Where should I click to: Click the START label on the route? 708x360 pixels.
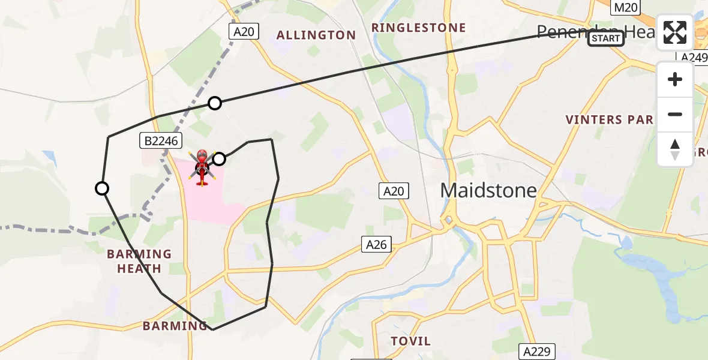click(x=605, y=38)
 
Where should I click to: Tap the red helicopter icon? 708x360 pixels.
click(x=202, y=167)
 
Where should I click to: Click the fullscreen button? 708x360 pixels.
click(x=675, y=32)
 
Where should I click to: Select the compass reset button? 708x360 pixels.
click(x=675, y=149)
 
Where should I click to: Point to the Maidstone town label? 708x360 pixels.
click(x=488, y=190)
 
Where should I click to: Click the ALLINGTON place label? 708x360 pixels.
click(x=316, y=35)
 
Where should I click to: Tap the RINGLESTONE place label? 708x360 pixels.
click(x=418, y=28)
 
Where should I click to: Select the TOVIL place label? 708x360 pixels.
click(x=411, y=341)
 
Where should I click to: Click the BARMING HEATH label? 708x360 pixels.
click(x=139, y=261)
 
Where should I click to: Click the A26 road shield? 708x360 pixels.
click(x=377, y=244)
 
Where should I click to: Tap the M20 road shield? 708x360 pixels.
click(x=623, y=7)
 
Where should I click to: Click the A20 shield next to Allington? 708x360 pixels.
click(x=244, y=32)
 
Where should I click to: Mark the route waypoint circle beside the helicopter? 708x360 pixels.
click(x=220, y=159)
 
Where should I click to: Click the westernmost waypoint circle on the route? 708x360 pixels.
click(x=103, y=188)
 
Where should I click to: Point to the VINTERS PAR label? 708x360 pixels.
click(x=609, y=119)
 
